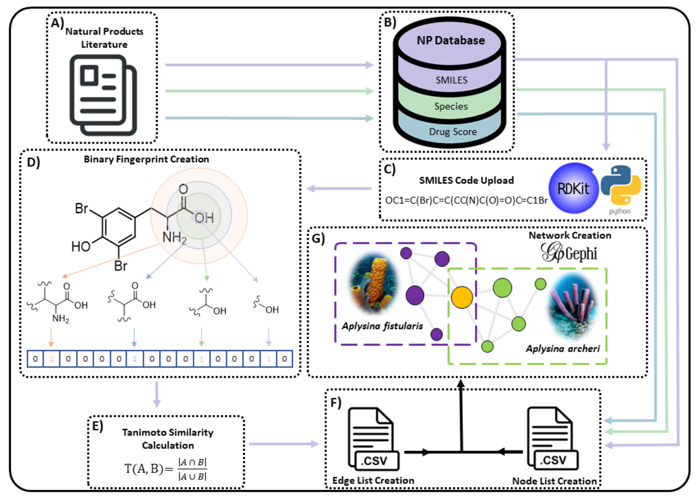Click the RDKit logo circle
click(574, 188)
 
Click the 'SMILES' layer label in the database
click(451, 80)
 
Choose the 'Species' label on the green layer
click(451, 106)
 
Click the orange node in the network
click(462, 297)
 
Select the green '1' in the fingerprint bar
click(201, 359)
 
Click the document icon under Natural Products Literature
click(103, 95)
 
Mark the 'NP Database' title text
click(451, 40)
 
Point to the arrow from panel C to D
click(339, 188)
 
